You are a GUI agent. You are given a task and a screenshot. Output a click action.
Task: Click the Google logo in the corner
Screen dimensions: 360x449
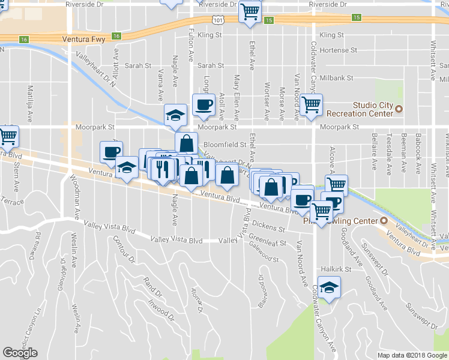pos(20,353)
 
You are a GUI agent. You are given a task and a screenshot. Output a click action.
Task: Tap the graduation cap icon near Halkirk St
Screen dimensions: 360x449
pos(328,288)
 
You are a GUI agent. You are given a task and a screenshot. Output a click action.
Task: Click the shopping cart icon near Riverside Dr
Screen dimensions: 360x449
pos(250,11)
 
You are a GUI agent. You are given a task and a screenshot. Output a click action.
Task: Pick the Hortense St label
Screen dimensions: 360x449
pos(339,50)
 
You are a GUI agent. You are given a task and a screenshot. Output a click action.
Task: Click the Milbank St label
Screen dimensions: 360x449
pos(336,79)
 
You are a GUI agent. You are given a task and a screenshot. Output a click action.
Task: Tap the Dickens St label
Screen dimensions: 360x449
pos(268,227)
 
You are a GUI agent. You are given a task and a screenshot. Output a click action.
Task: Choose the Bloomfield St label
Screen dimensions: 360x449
pos(225,145)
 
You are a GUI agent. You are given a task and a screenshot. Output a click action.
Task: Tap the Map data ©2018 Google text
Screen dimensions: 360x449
pos(411,355)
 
